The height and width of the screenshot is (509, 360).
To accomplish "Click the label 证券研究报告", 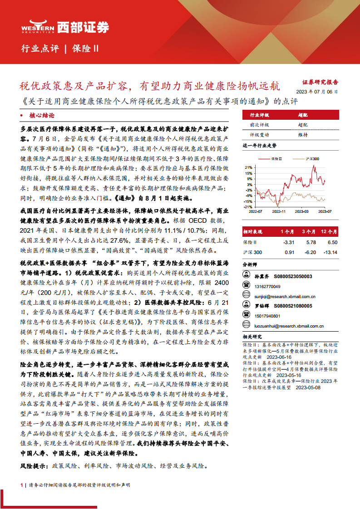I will point(320,82).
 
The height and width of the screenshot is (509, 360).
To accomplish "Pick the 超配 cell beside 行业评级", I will point(303,115).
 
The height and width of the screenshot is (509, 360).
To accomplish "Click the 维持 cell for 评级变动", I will point(303,135).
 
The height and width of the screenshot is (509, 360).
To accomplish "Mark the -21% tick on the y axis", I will point(247,206).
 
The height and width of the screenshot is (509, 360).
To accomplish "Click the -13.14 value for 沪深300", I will point(330,252).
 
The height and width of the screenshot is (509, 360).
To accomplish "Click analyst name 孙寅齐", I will point(262,276).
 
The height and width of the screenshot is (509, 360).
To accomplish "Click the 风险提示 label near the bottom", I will point(35,466).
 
